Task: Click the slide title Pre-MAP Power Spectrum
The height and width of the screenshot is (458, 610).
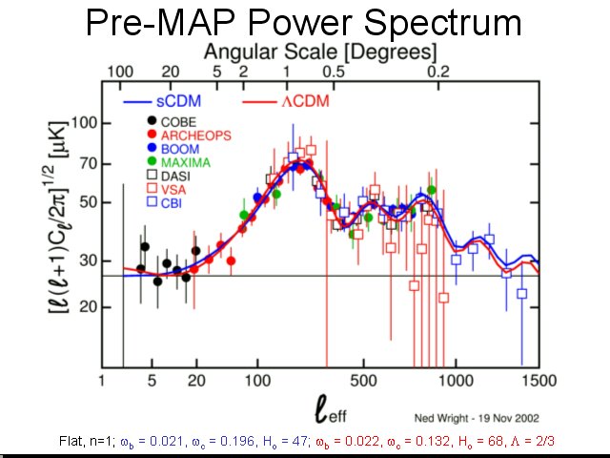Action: (303, 22)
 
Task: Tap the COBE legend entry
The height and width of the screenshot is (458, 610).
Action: (177, 121)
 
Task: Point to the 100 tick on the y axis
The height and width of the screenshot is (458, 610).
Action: (86, 123)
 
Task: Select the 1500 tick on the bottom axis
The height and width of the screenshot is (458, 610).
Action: (538, 381)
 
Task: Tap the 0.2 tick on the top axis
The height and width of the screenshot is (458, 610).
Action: (437, 72)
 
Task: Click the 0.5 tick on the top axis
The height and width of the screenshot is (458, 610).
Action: (335, 72)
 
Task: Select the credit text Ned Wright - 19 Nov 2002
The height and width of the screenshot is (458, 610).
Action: (474, 416)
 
